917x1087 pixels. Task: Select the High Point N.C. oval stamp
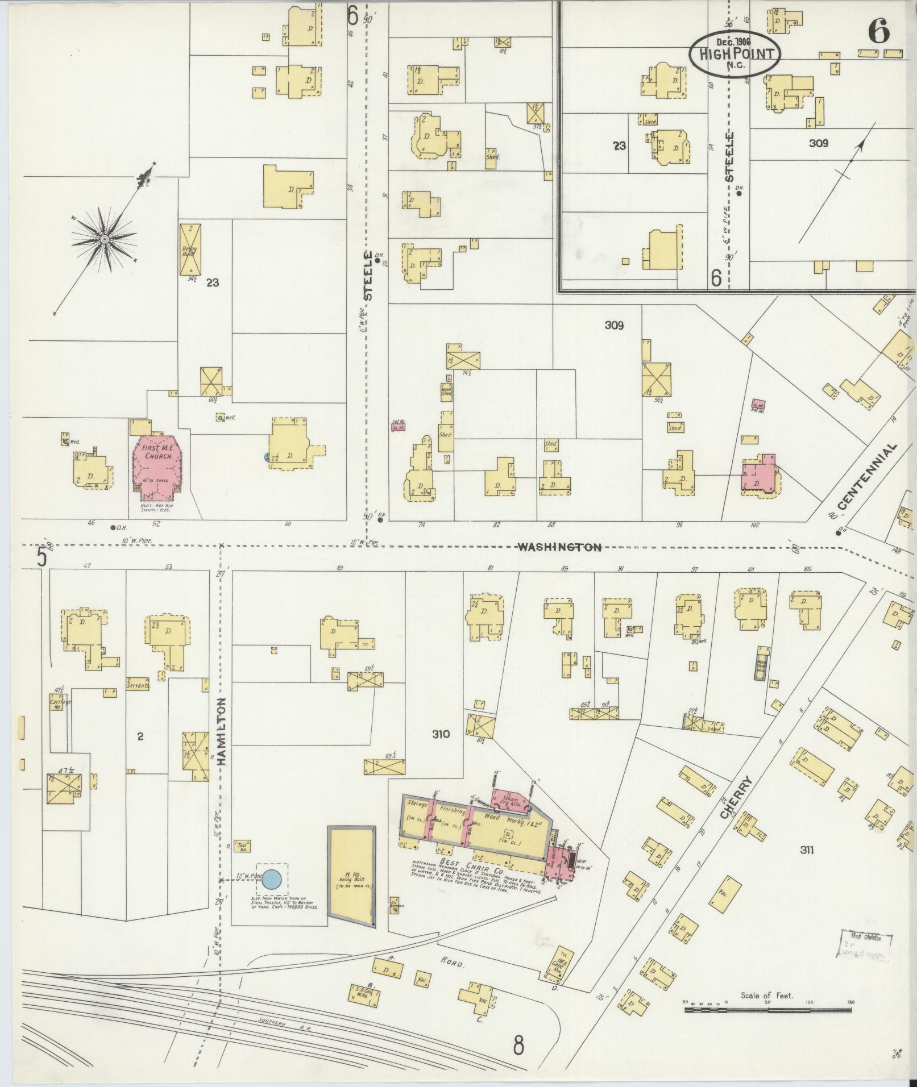734,53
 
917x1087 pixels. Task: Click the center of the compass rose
105,240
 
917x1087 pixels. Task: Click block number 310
441,734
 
